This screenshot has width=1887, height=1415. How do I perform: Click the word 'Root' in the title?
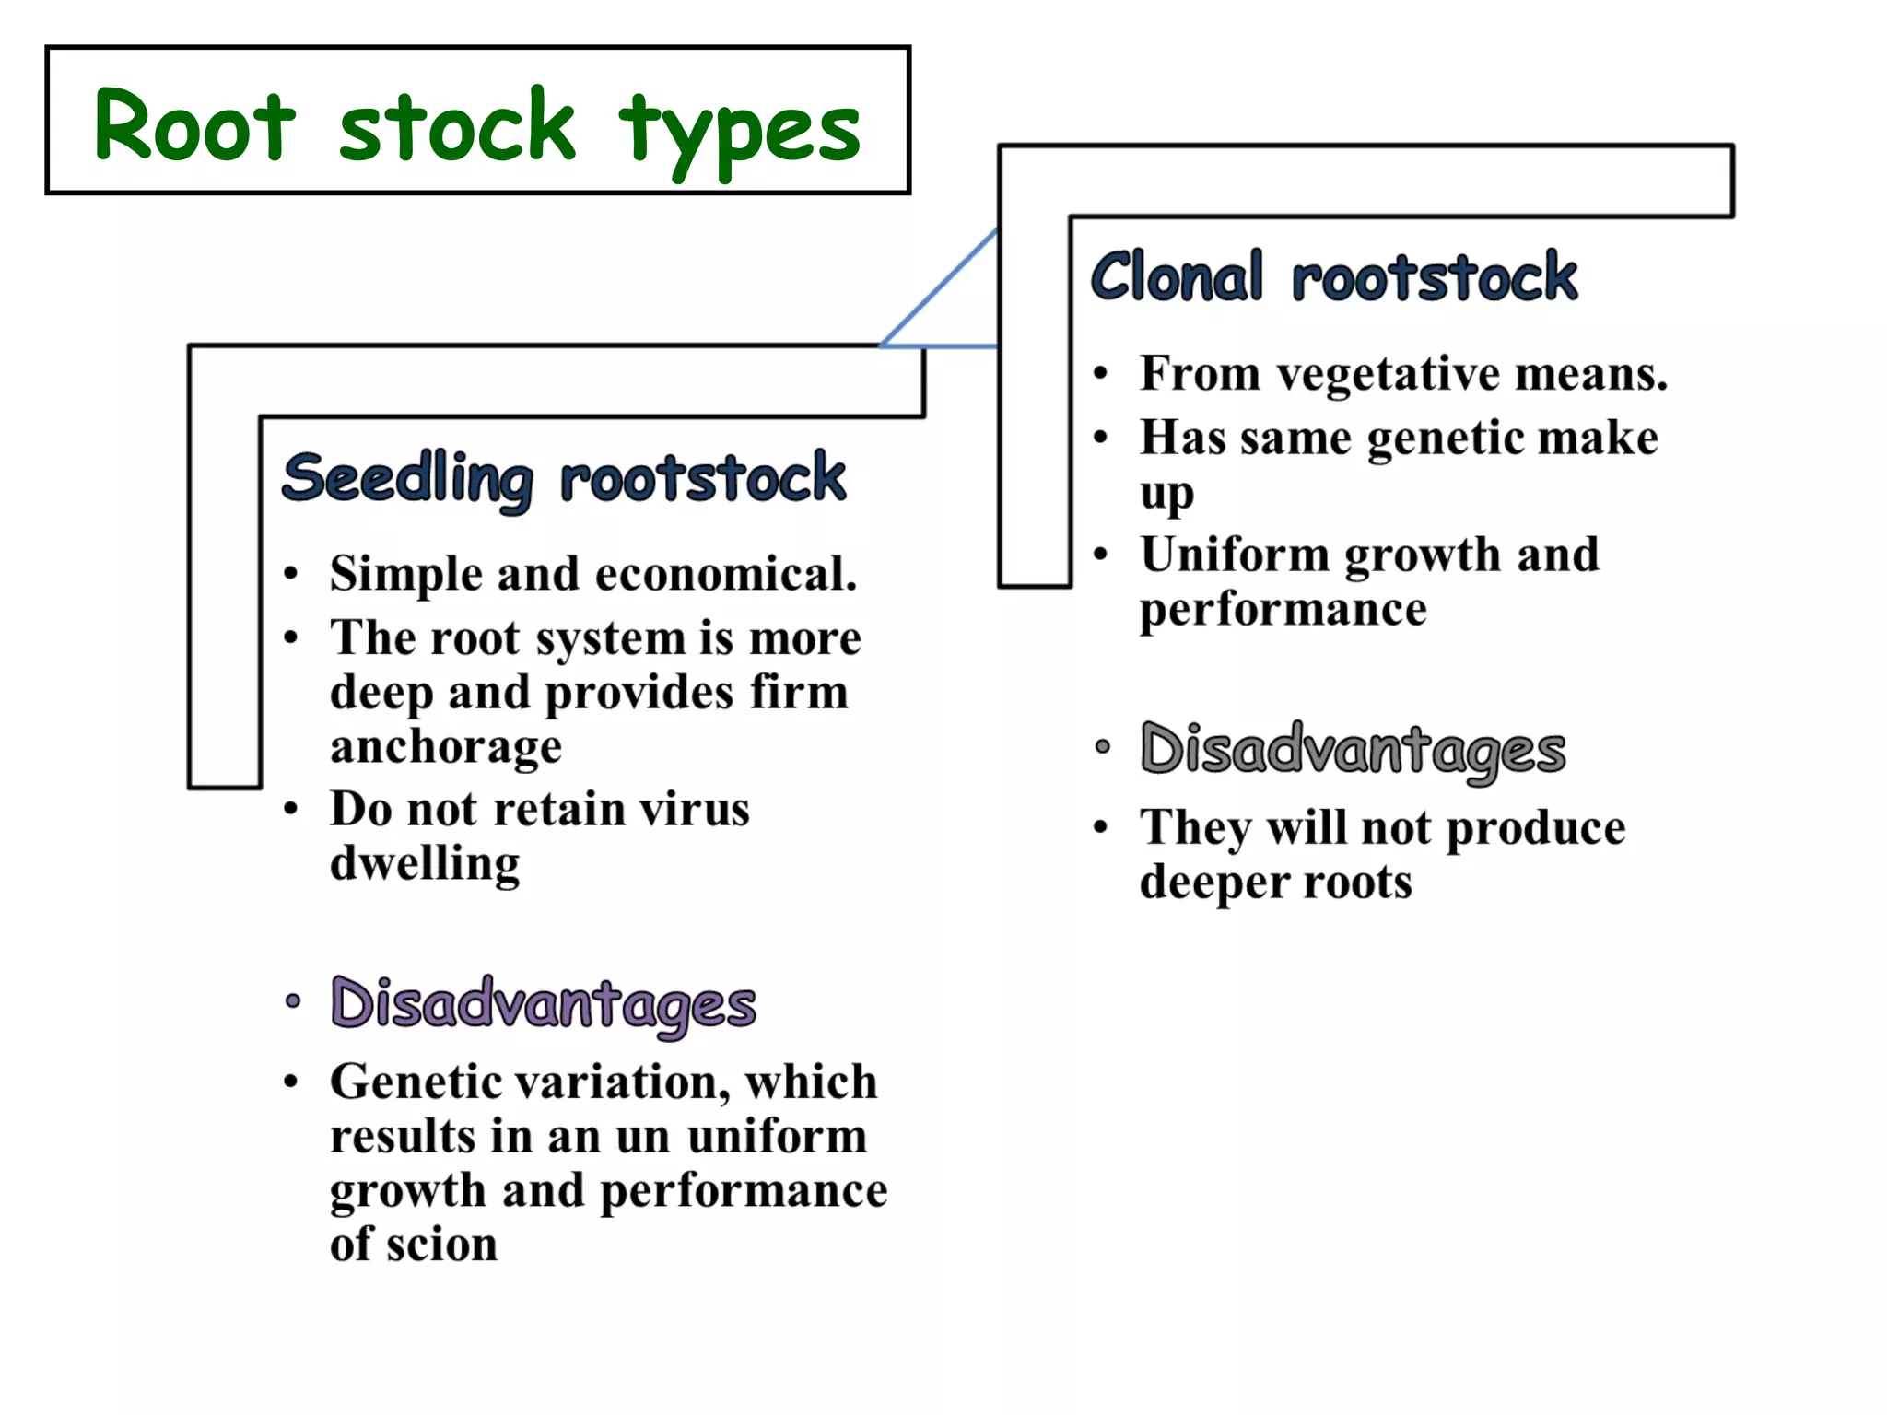pyautogui.click(x=195, y=126)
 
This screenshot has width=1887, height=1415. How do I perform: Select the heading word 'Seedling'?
pyautogui.click(x=408, y=478)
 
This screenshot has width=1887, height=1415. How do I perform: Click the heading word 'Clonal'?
pyautogui.click(x=1177, y=276)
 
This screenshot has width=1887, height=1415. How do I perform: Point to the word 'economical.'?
pyautogui.click(x=727, y=574)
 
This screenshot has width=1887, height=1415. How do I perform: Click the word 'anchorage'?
pyautogui.click(x=446, y=746)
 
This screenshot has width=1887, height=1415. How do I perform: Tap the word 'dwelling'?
pyautogui.click(x=425, y=864)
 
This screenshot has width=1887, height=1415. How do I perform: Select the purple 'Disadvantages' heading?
pyautogui.click(x=544, y=1004)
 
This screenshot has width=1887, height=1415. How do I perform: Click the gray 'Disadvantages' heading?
pyautogui.click(x=1353, y=750)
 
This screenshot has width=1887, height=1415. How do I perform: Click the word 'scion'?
pyautogui.click(x=442, y=1245)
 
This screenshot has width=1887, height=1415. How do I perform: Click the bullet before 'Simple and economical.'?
pyautogui.click(x=291, y=574)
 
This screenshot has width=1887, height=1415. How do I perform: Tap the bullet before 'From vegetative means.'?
pyautogui.click(x=1100, y=374)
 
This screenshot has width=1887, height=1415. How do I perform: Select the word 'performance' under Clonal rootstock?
pyautogui.click(x=1283, y=610)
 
